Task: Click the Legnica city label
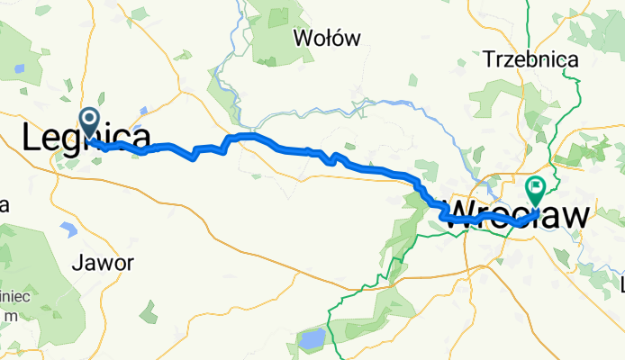click(x=86, y=139)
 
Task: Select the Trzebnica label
click(x=530, y=59)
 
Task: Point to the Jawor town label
click(x=105, y=264)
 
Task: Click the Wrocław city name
click(x=519, y=213)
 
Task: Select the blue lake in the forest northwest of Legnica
click(x=19, y=68)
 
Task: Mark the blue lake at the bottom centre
click(x=312, y=339)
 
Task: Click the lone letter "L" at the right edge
click(x=620, y=285)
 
